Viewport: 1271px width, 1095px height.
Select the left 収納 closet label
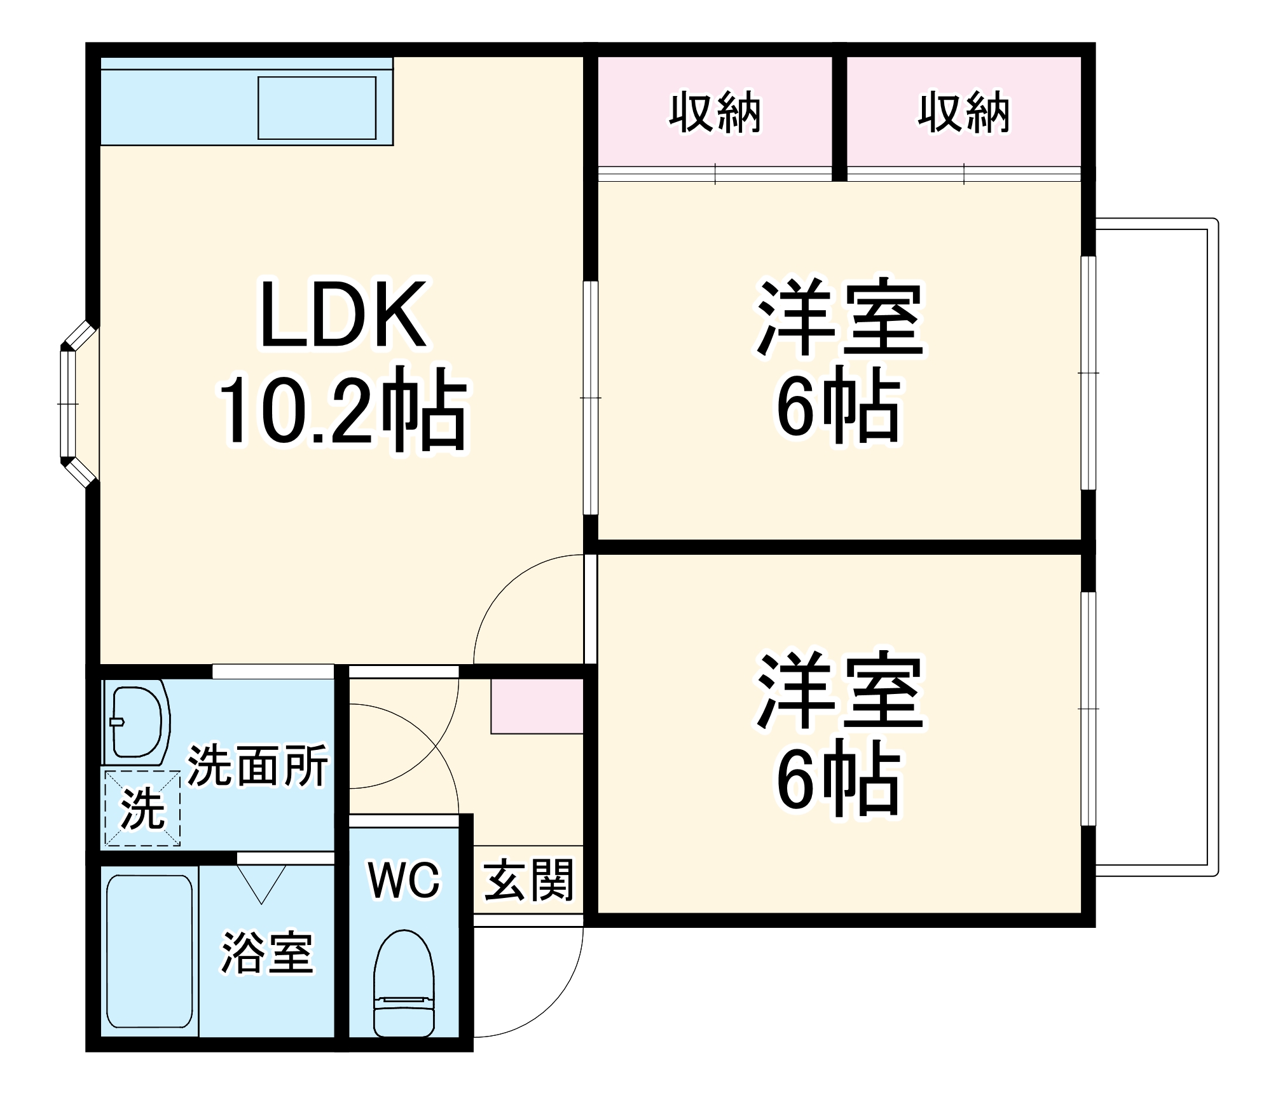[x=715, y=113]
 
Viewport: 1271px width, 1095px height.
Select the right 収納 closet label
[x=963, y=113]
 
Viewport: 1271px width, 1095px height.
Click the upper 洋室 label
[x=839, y=318]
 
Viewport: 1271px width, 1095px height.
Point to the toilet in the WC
[x=404, y=983]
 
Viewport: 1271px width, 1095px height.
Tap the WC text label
[x=404, y=880]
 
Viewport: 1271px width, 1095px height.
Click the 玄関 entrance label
[x=528, y=880]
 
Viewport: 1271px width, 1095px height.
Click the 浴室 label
[x=267, y=953]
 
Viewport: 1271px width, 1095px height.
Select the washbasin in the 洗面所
[x=137, y=721]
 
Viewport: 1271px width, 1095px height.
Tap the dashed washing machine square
[x=142, y=808]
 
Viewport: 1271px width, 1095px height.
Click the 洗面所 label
[x=258, y=766]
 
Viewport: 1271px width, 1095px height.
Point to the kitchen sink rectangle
[x=317, y=107]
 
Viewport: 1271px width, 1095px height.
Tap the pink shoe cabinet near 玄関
[x=537, y=705]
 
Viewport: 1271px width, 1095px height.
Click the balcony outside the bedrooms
[x=1151, y=547]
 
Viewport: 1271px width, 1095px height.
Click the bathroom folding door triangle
[x=261, y=883]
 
